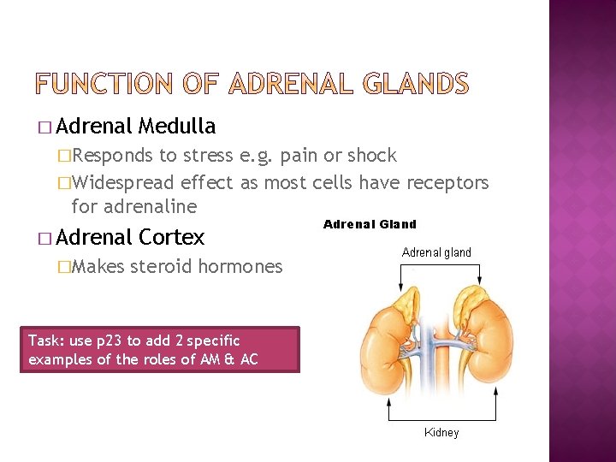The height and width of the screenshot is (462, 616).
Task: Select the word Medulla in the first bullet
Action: (176, 127)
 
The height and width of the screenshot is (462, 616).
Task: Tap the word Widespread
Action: (124, 182)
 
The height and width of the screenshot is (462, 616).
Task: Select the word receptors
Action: (446, 182)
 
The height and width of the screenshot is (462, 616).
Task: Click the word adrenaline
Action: (133, 206)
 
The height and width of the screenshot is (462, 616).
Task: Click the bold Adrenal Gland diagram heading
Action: (370, 225)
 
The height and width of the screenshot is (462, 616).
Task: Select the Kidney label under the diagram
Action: (441, 433)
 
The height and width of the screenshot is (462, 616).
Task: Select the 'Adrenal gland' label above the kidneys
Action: (436, 252)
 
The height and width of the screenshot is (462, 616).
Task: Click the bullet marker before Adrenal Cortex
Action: (44, 238)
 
